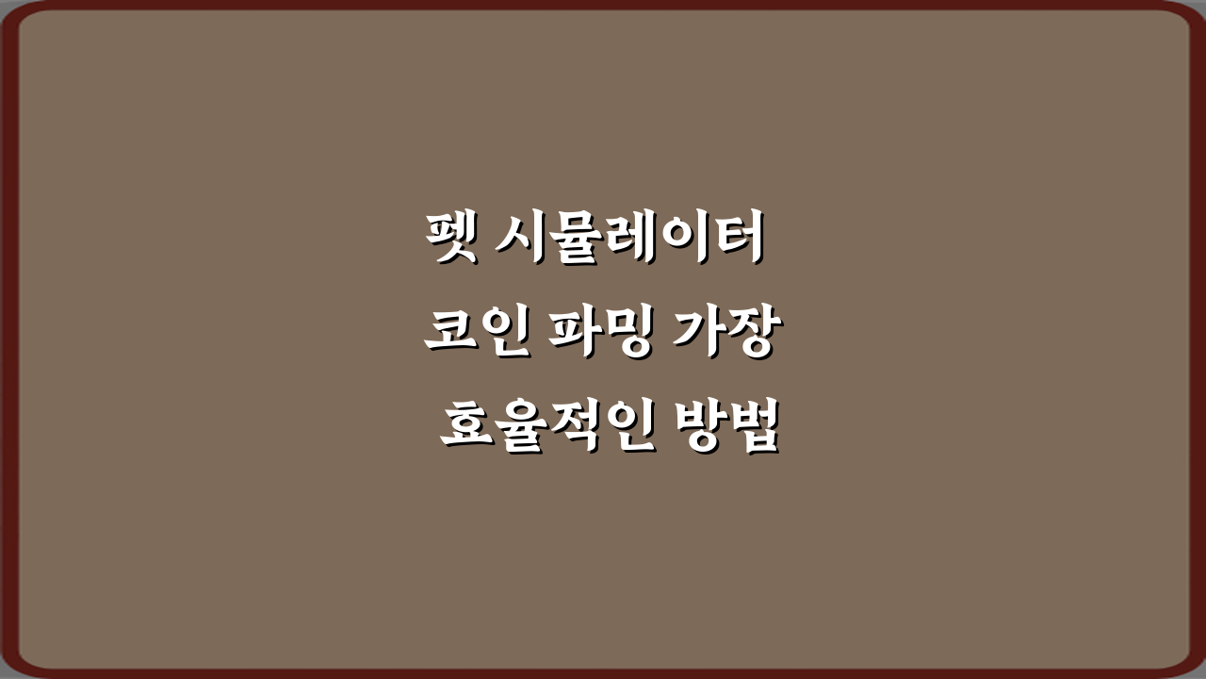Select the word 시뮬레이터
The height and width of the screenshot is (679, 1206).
coord(628,240)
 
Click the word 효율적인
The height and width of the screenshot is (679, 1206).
coord(533,429)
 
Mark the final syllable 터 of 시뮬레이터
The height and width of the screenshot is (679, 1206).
coord(730,240)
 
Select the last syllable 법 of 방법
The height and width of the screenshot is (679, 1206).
coord(753,429)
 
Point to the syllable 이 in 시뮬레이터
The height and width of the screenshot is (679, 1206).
coord(681,240)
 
